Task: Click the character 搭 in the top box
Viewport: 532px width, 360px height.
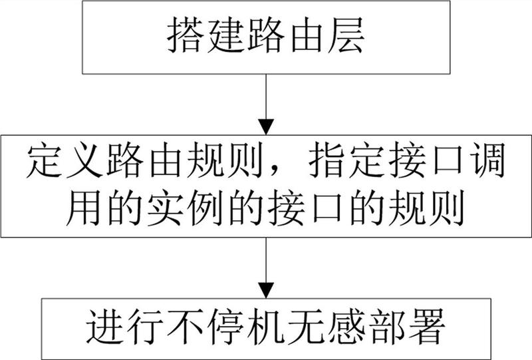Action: pos(186,35)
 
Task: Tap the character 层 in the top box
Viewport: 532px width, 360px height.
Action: pos(346,35)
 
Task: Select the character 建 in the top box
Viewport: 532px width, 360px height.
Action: pos(225,35)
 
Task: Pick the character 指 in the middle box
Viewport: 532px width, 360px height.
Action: pos(327,160)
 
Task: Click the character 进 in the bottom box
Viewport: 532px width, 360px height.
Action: pos(105,326)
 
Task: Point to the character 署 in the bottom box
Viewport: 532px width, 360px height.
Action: pos(426,326)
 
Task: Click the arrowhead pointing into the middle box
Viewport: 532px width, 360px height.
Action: pos(266,127)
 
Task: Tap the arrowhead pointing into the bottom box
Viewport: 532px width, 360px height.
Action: pos(266,290)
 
